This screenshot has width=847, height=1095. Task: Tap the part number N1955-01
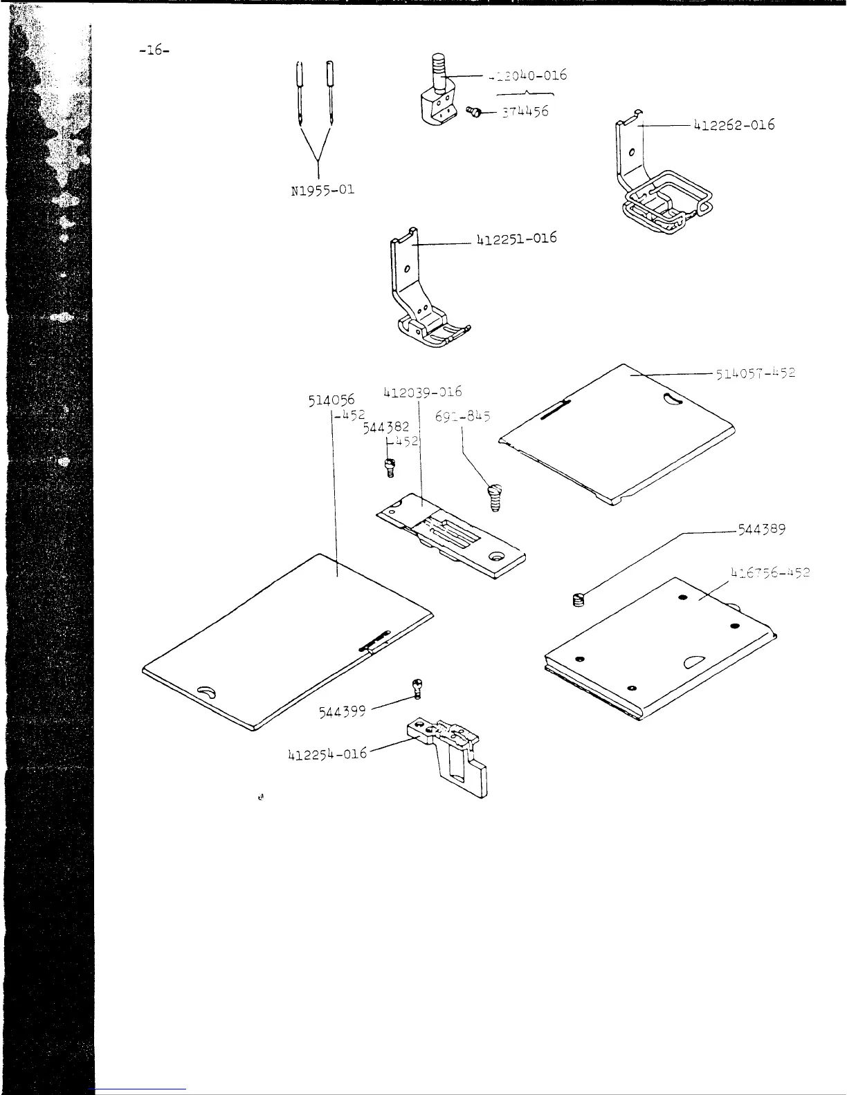coord(322,189)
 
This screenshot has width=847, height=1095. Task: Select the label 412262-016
coord(734,125)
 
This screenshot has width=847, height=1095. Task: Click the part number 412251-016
coord(516,239)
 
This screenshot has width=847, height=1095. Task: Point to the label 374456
coord(525,111)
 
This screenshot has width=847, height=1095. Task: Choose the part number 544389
coord(761,530)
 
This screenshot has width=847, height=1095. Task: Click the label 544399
coord(342,711)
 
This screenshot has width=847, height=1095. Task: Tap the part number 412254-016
coord(327,754)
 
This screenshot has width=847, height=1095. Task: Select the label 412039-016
coord(422,393)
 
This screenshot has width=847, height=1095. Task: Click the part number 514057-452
coord(756,373)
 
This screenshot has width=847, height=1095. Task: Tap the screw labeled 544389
coord(579,600)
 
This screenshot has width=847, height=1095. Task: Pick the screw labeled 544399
coord(417,688)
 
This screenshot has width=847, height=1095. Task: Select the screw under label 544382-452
coord(390,468)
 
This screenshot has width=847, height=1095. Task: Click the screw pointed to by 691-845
coord(495,497)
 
